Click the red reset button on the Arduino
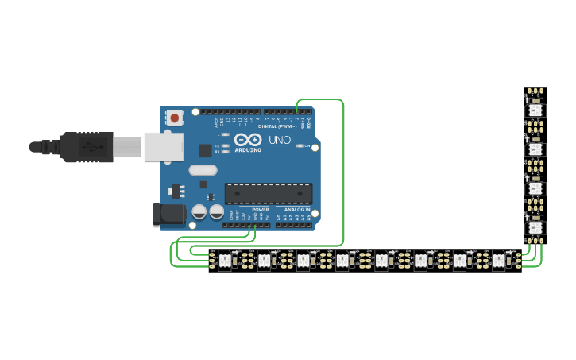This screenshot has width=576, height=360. (x=175, y=118)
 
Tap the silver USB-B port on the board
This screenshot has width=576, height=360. (x=163, y=147)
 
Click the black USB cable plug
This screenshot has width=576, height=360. (x=87, y=147)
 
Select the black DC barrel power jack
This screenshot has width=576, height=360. (x=168, y=214)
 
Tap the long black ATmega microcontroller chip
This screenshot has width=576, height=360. (x=268, y=193)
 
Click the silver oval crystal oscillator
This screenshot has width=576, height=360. (x=203, y=169)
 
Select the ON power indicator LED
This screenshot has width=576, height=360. (x=301, y=146)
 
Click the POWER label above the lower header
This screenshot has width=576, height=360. (x=261, y=209)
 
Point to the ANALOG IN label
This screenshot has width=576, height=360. (x=298, y=209)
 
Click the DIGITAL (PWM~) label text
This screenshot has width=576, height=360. (x=277, y=126)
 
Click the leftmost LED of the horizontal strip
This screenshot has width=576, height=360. (x=225, y=260)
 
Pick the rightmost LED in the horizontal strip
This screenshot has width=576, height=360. (x=499, y=260)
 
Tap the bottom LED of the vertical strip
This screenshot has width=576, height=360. (x=535, y=228)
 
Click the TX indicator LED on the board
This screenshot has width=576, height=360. (x=226, y=144)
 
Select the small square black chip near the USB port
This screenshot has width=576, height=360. (x=205, y=149)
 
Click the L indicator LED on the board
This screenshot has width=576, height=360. (x=226, y=135)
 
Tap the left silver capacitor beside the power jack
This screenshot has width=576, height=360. (x=199, y=212)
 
